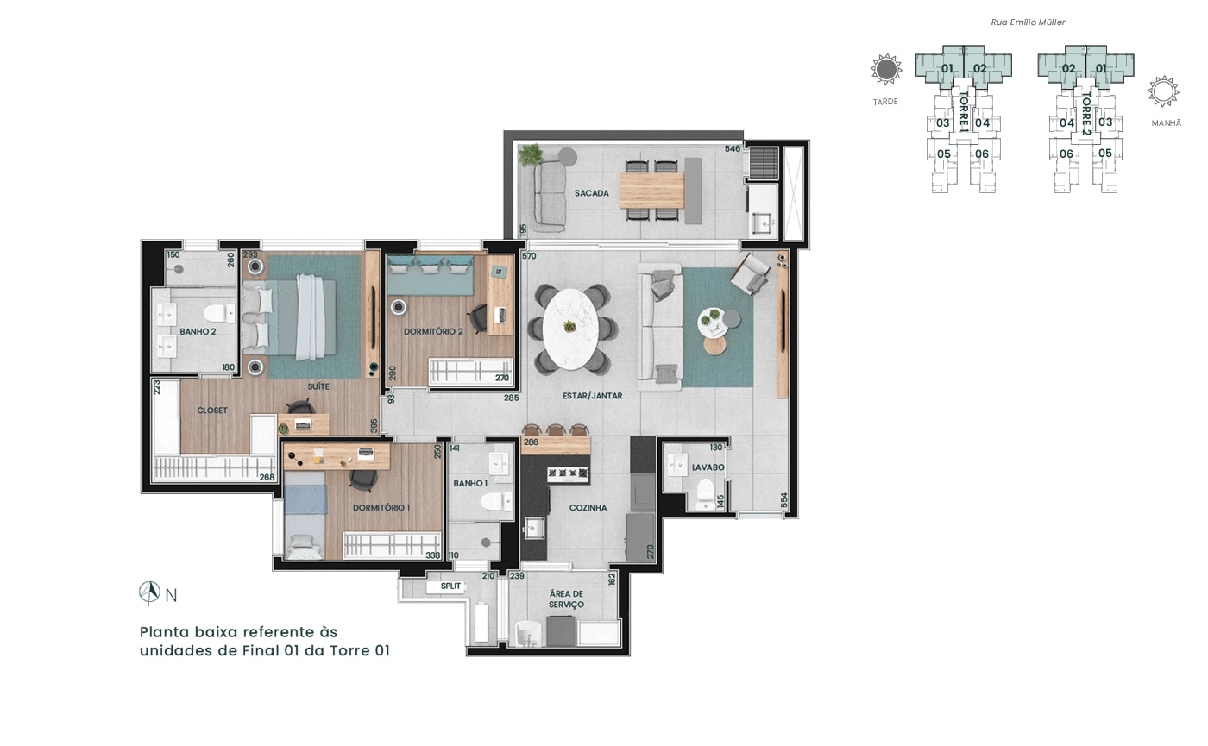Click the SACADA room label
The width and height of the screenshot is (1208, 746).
point(592,193)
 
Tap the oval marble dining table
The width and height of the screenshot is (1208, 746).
point(570,329)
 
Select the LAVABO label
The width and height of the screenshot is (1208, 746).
point(708,467)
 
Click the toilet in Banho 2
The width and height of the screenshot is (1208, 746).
point(218,313)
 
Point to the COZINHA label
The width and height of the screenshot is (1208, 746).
point(588,508)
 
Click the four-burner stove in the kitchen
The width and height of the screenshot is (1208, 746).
point(568,474)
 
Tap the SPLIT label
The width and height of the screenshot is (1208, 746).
point(450,586)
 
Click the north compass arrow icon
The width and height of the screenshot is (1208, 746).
point(149,593)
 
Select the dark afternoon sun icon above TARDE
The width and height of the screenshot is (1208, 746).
point(886,70)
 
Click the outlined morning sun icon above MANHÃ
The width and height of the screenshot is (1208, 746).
point(1163,91)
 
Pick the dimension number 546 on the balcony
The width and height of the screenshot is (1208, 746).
point(733,148)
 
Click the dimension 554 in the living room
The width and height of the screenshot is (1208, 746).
point(784,500)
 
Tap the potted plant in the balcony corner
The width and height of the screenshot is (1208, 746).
point(530,154)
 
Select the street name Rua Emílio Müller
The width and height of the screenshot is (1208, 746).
point(1028,22)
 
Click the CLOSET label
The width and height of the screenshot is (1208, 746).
point(212,411)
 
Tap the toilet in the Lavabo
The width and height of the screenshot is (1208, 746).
point(705,493)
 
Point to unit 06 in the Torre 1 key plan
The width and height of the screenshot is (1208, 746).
point(982,154)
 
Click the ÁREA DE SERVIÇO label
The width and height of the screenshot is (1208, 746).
point(566,599)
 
